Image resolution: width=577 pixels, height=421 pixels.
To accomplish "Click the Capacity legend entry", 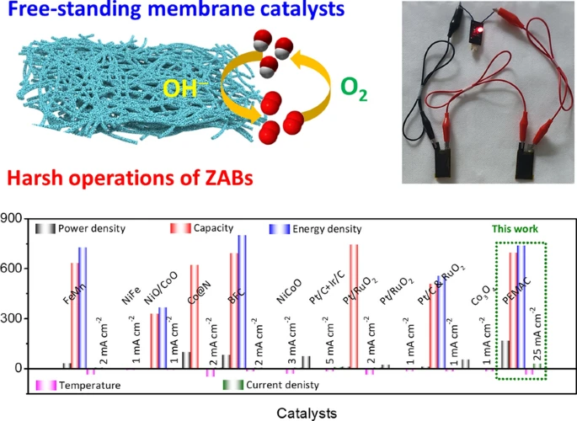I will [x=219, y=228].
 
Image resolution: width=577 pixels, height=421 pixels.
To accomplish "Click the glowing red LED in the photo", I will [x=479, y=30].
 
